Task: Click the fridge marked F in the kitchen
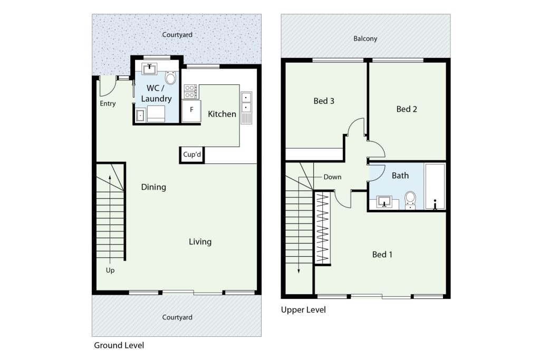[x=191, y=111]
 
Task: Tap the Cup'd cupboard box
[x=192, y=154]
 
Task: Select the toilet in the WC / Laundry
[x=170, y=77]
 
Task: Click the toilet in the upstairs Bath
[x=410, y=200]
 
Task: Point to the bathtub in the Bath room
[x=435, y=186]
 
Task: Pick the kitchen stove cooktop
[x=190, y=92]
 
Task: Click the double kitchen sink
[x=246, y=108]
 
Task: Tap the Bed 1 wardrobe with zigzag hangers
[x=323, y=228]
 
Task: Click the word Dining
[x=153, y=187]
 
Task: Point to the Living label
[x=200, y=241]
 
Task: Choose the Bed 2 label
[x=407, y=109]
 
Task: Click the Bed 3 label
[x=324, y=101]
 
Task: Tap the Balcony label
[x=365, y=38]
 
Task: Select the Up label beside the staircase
[x=110, y=270]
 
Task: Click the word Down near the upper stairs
[x=332, y=177]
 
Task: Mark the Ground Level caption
[x=119, y=345]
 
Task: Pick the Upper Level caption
[x=303, y=310]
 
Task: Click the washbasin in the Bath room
[x=384, y=202]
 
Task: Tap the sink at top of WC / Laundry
[x=149, y=69]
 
